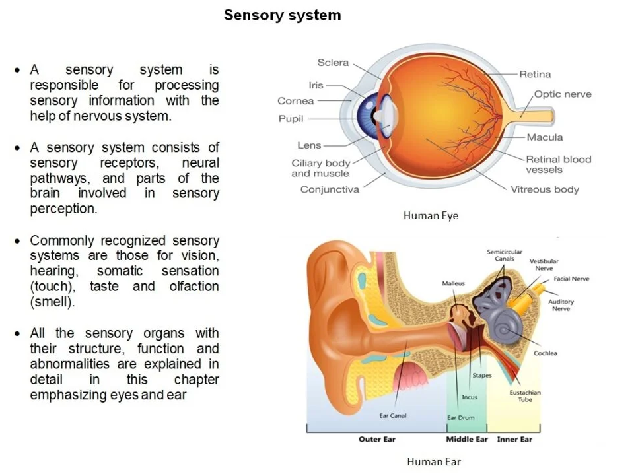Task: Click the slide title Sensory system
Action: point(282,15)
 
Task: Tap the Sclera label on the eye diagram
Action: point(333,63)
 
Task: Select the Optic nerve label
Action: point(562,94)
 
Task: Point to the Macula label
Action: point(545,137)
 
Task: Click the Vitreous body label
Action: point(544,189)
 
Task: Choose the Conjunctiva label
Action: point(330,189)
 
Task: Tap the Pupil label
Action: point(291,119)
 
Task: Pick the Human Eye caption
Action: point(431,215)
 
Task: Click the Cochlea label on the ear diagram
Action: point(545,353)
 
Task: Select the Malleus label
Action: point(453,283)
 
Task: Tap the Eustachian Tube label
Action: point(525,395)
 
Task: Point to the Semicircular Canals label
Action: point(505,255)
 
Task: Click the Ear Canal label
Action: point(392,416)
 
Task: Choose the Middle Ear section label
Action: point(466,440)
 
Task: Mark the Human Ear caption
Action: point(433,461)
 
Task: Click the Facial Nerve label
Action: point(571,279)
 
